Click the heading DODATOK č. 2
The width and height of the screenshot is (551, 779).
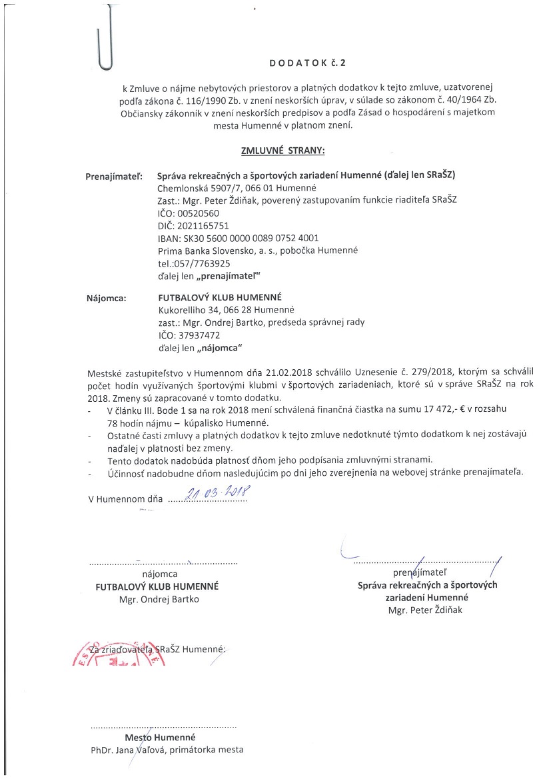pyautogui.click(x=308, y=63)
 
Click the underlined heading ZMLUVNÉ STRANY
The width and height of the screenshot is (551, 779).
pyautogui.click(x=283, y=151)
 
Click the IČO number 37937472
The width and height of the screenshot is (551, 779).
pyautogui.click(x=199, y=335)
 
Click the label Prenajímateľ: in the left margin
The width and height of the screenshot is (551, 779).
pyautogui.click(x=115, y=177)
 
